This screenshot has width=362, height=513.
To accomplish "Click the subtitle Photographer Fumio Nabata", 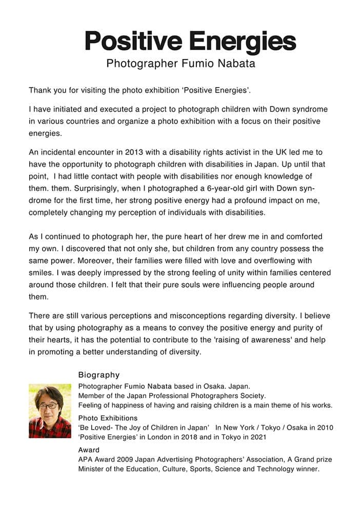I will click(x=180, y=64).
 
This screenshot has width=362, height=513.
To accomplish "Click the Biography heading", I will click(x=98, y=375).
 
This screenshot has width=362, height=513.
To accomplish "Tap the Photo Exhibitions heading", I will click(x=108, y=418).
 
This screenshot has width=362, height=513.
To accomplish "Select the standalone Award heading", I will click(x=89, y=450).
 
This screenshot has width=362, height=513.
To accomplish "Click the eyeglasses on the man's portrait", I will click(x=48, y=406).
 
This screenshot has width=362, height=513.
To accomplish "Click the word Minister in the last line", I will click(x=91, y=469).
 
